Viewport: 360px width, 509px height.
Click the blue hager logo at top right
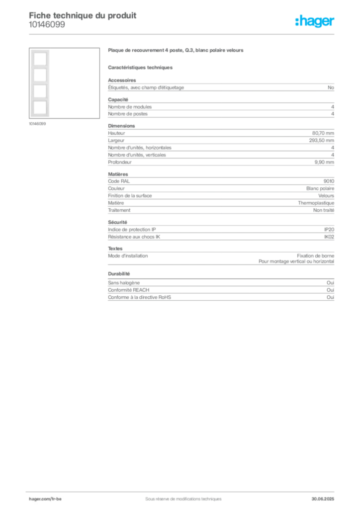pos(315,21)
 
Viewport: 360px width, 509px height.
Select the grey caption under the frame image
pos(38,124)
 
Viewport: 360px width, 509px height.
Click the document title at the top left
pos(83,15)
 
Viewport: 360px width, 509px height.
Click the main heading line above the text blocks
pos(177,51)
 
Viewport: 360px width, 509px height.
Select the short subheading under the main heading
pos(141,67)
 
